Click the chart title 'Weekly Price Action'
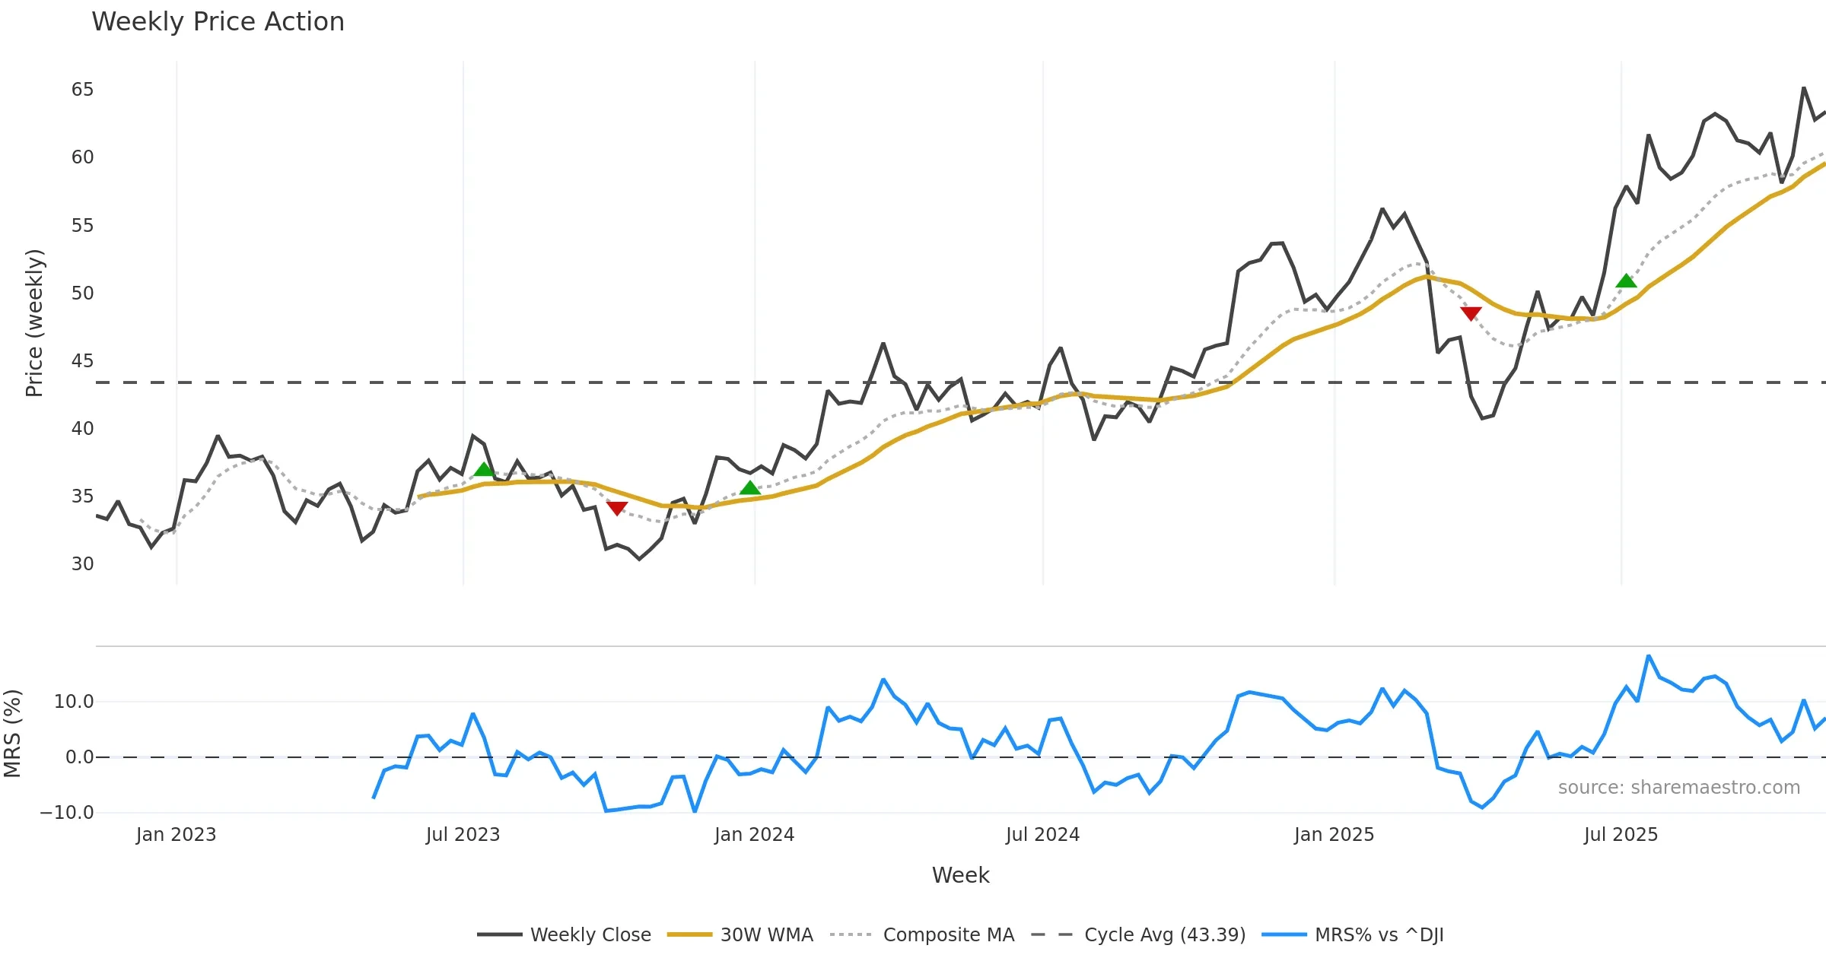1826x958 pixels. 218,22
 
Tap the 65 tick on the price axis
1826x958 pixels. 82,90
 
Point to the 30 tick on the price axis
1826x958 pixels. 82,564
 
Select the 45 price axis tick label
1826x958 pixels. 82,361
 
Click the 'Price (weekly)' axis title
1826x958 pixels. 35,323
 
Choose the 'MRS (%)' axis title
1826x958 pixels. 13,734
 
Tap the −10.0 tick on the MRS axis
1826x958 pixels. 67,813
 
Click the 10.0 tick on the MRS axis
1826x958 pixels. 74,702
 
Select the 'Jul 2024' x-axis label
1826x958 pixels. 1042,835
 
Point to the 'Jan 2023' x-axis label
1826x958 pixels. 176,835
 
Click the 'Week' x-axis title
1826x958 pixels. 960,876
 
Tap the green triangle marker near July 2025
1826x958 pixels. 1626,281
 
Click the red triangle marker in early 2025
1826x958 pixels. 1471,313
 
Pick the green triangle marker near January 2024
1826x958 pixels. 749,488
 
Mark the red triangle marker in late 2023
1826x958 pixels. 617,508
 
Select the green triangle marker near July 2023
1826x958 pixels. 484,469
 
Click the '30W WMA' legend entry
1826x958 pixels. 766,934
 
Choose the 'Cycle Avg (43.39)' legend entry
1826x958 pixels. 1164,934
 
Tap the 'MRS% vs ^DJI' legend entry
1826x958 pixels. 1379,934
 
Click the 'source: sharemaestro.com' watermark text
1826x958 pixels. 1678,788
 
